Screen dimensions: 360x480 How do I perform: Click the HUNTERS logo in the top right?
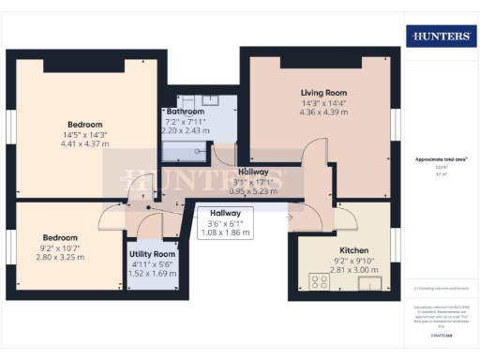440,36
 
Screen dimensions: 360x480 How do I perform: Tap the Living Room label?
323,93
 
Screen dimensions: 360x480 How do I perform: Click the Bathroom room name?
185,111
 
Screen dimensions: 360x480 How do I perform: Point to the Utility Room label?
152,254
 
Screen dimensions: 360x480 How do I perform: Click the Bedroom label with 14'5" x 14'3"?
84,124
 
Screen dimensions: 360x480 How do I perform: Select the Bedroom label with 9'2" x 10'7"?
58,238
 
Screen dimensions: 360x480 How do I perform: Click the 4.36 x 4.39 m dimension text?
323,113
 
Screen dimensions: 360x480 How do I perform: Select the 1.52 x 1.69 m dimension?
152,275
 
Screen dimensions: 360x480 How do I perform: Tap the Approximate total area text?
441,159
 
